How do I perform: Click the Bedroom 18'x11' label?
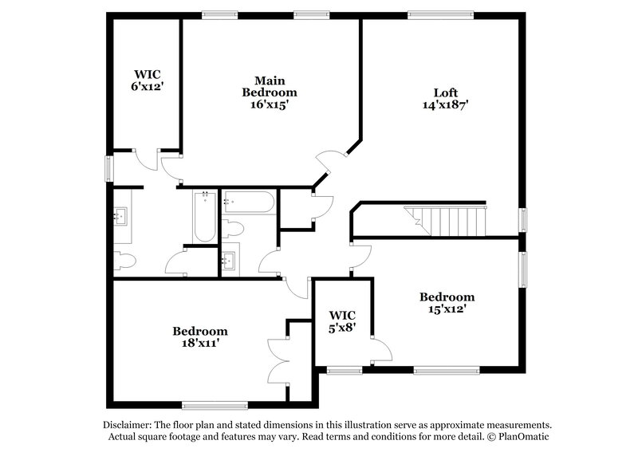[x=200, y=336]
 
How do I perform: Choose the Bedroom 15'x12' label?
[x=447, y=303]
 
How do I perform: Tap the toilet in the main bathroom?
[x=124, y=261]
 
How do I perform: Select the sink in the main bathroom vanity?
[x=120, y=215]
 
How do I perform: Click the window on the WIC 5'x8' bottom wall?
[x=344, y=369]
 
